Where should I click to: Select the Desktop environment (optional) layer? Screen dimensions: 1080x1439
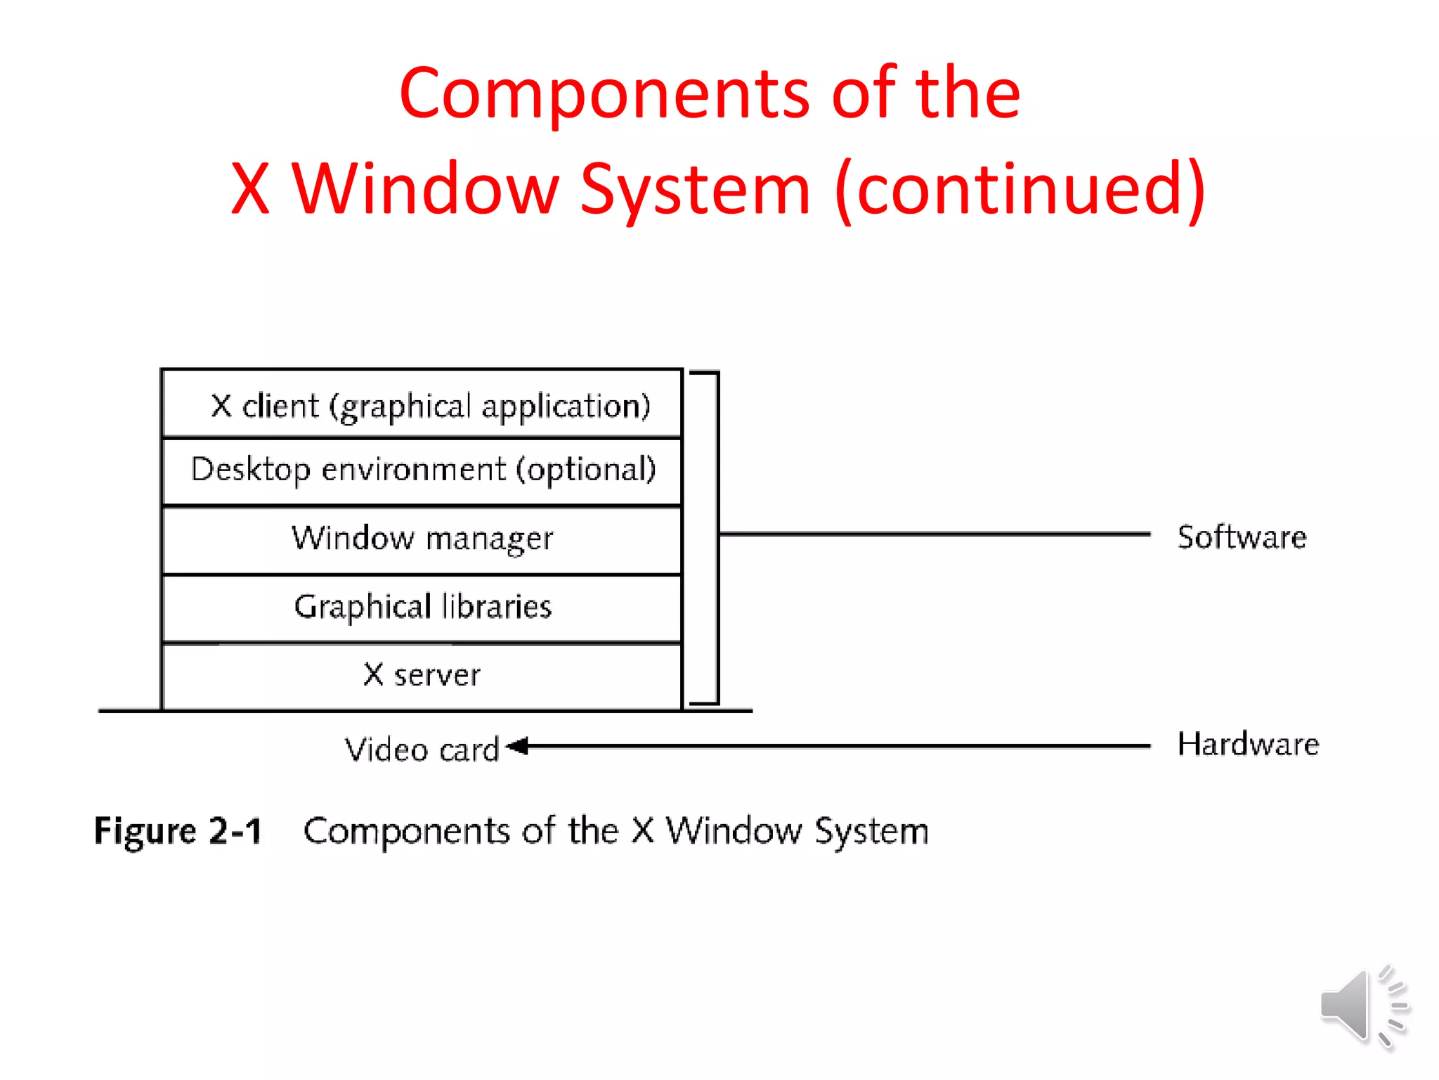coord(422,470)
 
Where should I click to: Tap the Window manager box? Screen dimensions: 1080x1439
coord(422,539)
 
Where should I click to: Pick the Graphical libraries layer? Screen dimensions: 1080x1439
coord(422,607)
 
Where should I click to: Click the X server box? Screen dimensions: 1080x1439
coord(422,675)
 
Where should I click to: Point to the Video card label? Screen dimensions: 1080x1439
coord(422,750)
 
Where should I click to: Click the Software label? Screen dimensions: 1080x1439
coord(1242,537)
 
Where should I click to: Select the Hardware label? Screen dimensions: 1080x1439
coord(1248,744)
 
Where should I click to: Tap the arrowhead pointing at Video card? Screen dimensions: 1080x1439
coord(518,746)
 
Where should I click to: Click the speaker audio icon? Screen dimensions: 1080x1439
coord(1363,1007)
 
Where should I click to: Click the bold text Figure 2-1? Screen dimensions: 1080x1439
coord(178,831)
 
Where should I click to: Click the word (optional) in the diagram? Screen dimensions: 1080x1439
coord(586,470)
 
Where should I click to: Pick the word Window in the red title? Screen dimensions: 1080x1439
coord(425,188)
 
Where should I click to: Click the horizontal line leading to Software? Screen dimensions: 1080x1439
coord(935,534)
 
